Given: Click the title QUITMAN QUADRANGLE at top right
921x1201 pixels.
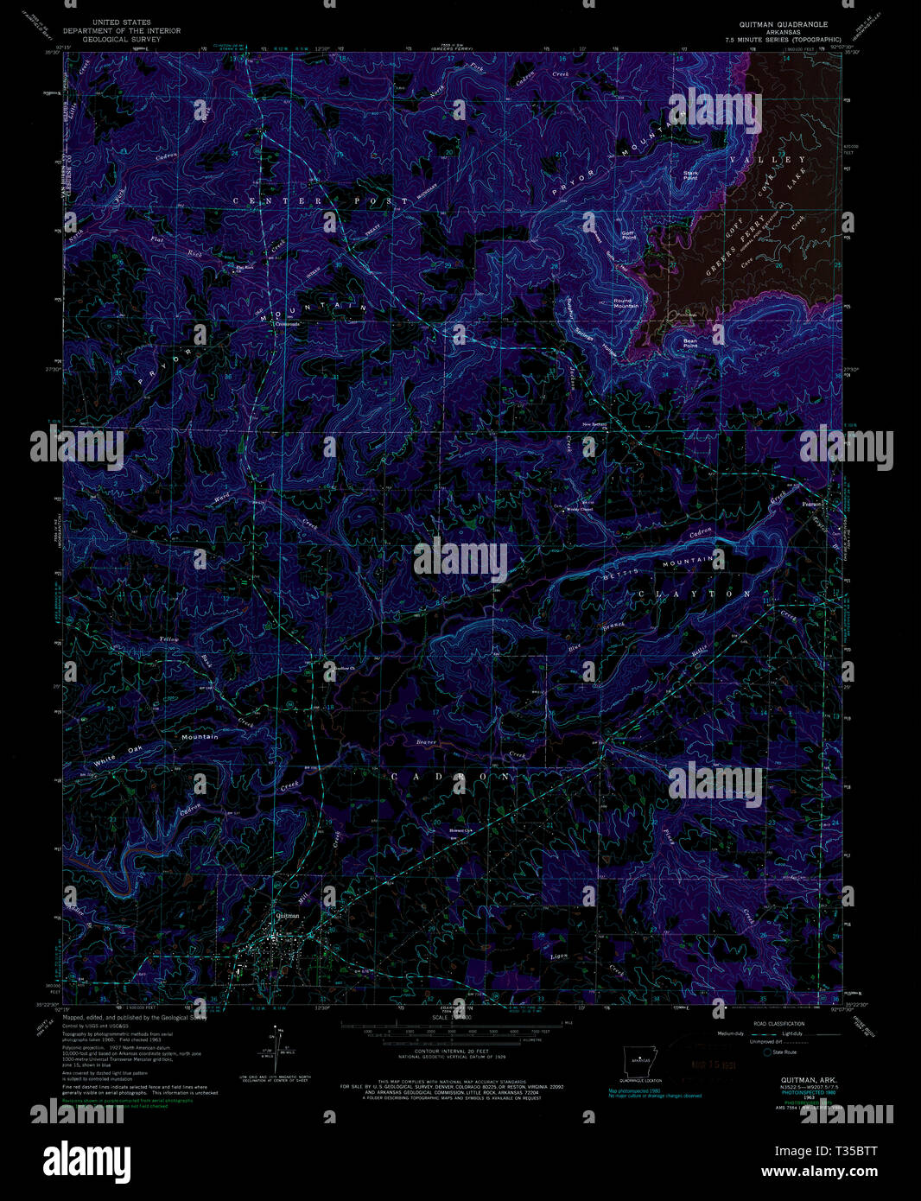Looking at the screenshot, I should click(x=783, y=24).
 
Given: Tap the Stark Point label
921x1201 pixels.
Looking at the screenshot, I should click(x=690, y=175).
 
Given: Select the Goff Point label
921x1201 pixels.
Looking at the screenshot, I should click(x=628, y=234).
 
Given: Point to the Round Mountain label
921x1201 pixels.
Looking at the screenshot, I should click(x=626, y=303).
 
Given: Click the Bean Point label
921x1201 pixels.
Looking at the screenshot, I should click(x=689, y=341).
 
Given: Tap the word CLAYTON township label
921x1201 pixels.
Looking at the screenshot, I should click(x=696, y=594).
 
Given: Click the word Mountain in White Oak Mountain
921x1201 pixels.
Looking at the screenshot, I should click(x=200, y=737).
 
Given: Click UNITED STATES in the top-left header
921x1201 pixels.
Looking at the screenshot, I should click(x=122, y=22).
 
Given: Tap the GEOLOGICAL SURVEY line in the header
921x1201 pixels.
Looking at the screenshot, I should click(x=122, y=39).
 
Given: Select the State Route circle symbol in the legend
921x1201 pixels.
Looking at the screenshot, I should click(x=767, y=1052).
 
